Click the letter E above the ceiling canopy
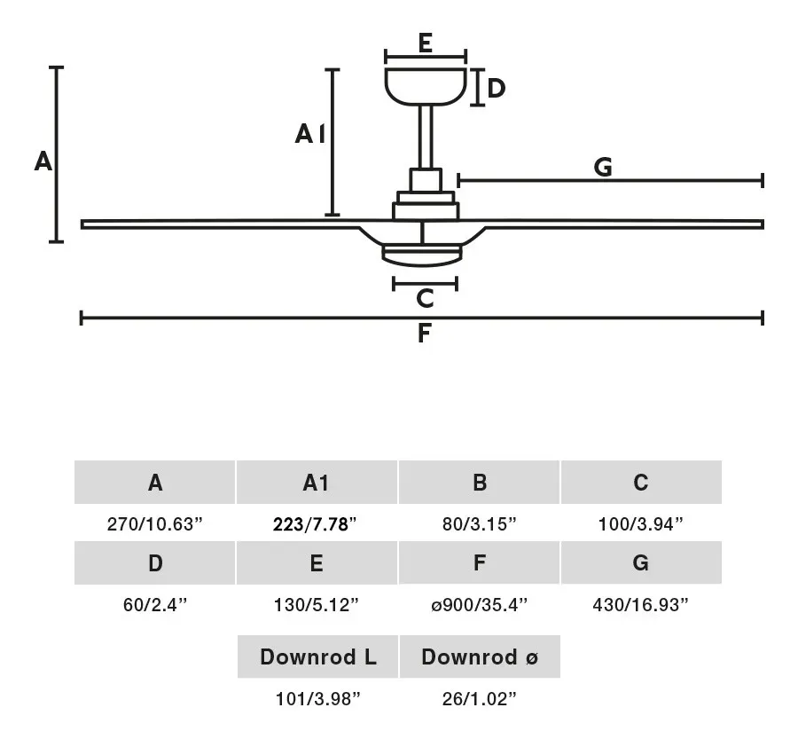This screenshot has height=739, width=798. pyautogui.click(x=426, y=43)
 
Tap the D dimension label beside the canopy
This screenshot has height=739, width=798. pyautogui.click(x=496, y=88)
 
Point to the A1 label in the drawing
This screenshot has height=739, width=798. pyautogui.click(x=310, y=134)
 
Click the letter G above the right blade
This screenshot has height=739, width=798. pyautogui.click(x=603, y=167)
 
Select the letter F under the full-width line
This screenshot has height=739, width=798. pyautogui.click(x=425, y=334)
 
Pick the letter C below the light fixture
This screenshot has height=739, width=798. pyautogui.click(x=425, y=298)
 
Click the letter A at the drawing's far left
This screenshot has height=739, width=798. pyautogui.click(x=43, y=161)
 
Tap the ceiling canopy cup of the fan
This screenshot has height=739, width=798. pyautogui.click(x=426, y=87)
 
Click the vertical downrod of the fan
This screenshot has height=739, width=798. pyautogui.click(x=426, y=137)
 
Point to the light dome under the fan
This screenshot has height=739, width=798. pyautogui.click(x=422, y=256)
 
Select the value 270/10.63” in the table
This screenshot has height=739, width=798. pyautogui.click(x=154, y=523)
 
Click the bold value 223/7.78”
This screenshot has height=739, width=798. pyautogui.click(x=315, y=523)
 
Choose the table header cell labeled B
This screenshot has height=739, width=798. pyautogui.click(x=479, y=483)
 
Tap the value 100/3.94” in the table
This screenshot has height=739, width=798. pyautogui.click(x=641, y=523)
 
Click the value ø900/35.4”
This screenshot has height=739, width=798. pyautogui.click(x=480, y=604)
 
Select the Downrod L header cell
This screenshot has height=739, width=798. pyautogui.click(x=317, y=656)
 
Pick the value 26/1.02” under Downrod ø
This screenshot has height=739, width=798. pyautogui.click(x=479, y=699)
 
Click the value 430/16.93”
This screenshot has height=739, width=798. pyautogui.click(x=640, y=604)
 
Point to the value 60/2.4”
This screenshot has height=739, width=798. pyautogui.click(x=155, y=604)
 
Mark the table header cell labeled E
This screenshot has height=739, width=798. pyautogui.click(x=317, y=562)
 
